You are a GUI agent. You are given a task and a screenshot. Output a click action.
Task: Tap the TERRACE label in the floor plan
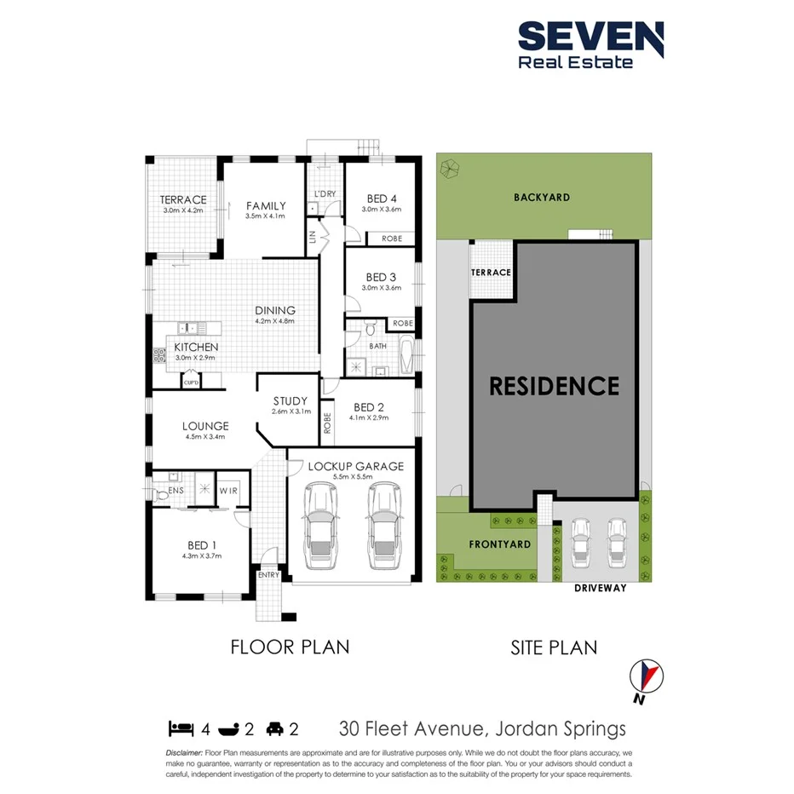pos(183,200)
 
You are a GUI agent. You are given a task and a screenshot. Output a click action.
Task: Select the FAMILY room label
pos(266,205)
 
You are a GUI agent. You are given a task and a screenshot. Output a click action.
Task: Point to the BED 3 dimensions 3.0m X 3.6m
pos(381,289)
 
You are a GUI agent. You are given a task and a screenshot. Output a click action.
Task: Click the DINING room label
pos(274,311)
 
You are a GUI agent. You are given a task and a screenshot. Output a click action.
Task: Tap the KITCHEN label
pos(196,347)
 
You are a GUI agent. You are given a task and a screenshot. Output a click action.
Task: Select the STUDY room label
pos(291,401)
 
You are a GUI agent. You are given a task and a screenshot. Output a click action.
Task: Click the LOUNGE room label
pos(204,426)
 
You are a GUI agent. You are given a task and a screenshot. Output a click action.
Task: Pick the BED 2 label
pos(370,406)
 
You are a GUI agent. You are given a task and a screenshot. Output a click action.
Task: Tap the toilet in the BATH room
pos(370,328)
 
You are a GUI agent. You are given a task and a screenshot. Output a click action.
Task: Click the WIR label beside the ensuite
pos(228,491)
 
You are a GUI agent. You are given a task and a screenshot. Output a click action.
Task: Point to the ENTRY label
pos(268,575)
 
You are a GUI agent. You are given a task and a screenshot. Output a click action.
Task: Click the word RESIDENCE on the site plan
pos(554,386)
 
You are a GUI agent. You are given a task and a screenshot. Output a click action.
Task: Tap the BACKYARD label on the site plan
pos(542,197)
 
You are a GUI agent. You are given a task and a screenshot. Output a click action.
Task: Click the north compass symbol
pos(645,677)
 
